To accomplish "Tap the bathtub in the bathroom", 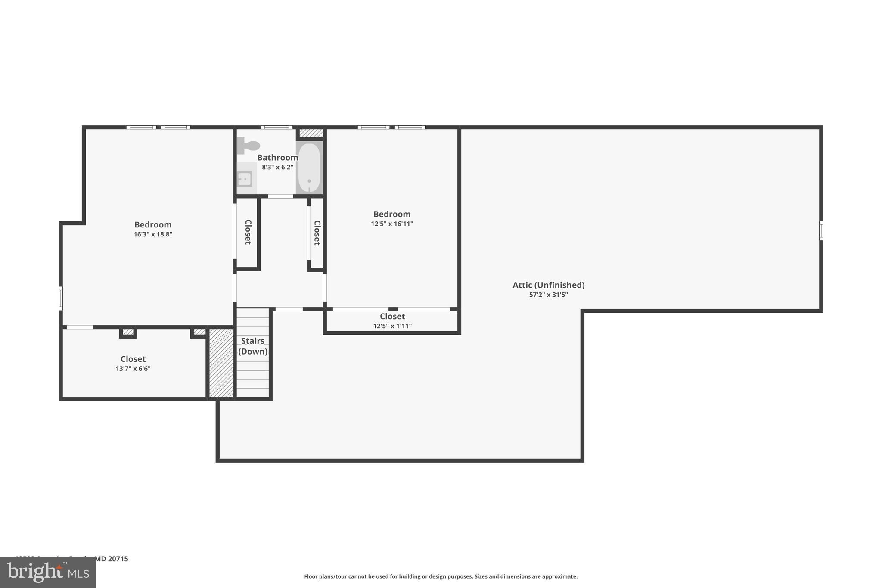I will point(309,168).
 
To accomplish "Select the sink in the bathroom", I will point(245,178).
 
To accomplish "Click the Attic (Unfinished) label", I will point(548,285).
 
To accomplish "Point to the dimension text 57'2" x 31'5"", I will point(548,295).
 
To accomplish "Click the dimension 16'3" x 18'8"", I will point(153,234).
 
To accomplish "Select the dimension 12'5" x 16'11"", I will point(392,224).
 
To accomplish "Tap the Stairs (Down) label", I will point(253,346).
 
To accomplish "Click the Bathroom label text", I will point(277,158).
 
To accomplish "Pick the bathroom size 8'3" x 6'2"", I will point(277,167).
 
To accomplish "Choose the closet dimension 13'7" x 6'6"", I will point(133,369).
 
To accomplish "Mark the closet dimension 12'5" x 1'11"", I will point(392,326).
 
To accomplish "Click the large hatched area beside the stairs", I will point(221,363).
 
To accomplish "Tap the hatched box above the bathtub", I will point(311,133).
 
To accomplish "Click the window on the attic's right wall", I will point(821,231).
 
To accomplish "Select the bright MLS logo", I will point(48,572).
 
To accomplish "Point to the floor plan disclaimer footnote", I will point(441,576).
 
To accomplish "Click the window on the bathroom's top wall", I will point(277,127).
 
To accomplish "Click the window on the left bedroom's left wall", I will point(61,298).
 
